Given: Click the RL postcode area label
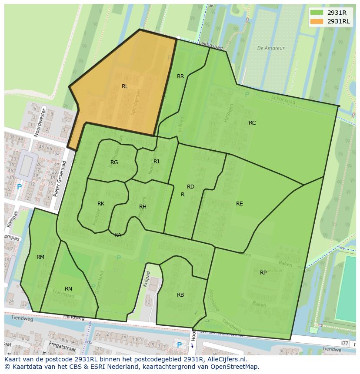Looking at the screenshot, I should [125, 86].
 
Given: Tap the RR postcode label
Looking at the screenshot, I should [180, 76].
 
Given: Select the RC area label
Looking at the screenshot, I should [252, 123].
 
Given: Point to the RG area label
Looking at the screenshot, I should [114, 162].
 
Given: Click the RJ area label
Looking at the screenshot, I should [156, 162].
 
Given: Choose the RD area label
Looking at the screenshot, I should [190, 187].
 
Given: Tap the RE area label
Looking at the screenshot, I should [239, 204].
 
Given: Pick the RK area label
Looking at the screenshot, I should [101, 204].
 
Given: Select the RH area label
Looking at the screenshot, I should [143, 207].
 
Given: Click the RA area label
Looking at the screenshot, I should [118, 235].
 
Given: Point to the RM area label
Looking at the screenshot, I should [40, 257].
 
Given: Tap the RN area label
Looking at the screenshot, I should [68, 289].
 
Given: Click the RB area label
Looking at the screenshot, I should [180, 295].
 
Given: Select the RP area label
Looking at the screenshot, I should [263, 273].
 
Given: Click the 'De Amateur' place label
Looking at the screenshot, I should [270, 48].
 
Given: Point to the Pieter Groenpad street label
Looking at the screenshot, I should [60, 179].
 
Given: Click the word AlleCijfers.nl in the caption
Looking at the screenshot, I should [225, 359].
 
